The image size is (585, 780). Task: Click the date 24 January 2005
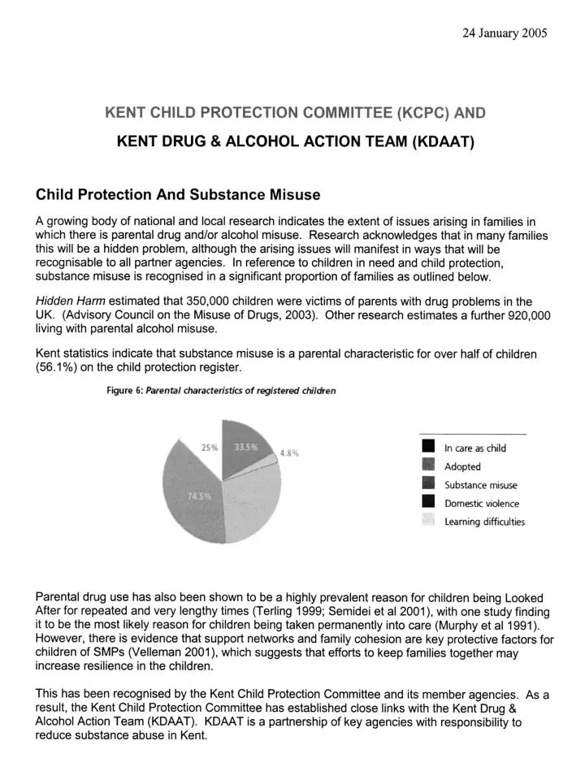(x=505, y=33)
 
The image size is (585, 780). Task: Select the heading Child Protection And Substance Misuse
(x=178, y=195)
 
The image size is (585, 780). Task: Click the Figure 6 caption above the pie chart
(x=221, y=390)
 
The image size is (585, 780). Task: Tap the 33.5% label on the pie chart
(x=246, y=448)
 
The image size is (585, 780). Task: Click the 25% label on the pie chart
(x=210, y=448)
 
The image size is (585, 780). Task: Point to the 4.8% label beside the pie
(x=290, y=453)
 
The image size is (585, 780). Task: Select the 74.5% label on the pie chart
(x=200, y=496)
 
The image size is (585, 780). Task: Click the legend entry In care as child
(x=474, y=448)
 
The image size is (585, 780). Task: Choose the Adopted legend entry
(x=462, y=466)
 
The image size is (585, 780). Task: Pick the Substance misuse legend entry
(x=480, y=485)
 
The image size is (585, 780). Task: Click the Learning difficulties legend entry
(x=484, y=522)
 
